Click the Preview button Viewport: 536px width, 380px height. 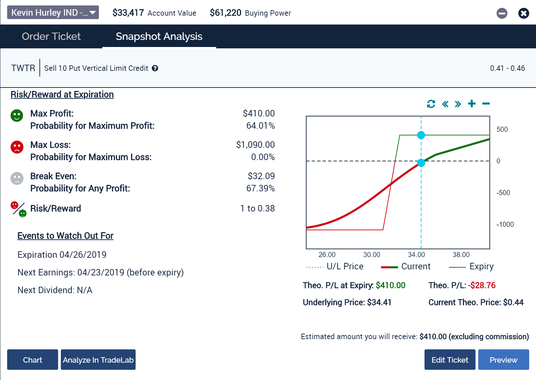[503, 360]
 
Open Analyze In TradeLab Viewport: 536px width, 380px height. [98, 360]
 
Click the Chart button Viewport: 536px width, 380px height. [33, 360]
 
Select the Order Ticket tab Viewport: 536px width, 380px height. [51, 36]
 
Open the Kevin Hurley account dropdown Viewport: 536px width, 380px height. [53, 13]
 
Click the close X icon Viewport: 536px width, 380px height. [523, 13]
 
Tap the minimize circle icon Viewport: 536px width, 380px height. [502, 13]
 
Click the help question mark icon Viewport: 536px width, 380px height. [155, 68]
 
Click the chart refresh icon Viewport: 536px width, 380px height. [431, 104]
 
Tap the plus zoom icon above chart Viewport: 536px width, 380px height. [472, 104]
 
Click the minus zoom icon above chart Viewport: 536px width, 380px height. [486, 104]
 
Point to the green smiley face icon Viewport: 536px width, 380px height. [17, 115]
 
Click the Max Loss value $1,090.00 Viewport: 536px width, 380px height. [255, 145]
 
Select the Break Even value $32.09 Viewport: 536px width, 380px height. [261, 176]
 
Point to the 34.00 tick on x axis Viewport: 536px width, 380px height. [416, 255]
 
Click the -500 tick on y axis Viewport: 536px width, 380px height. [503, 193]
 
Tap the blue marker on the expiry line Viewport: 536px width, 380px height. [421, 135]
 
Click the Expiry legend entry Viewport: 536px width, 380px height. [481, 267]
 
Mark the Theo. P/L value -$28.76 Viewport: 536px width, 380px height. [482, 285]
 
